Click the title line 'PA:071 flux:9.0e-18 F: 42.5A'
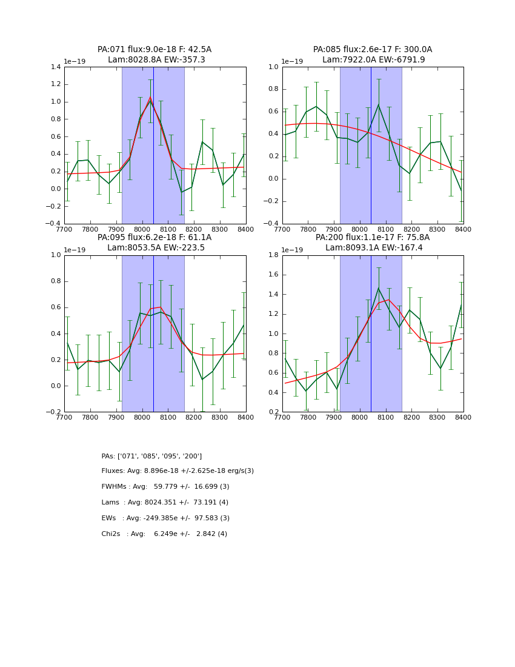coord(154,50)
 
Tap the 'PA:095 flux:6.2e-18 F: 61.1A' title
coord(154,238)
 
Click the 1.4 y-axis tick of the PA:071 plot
coord(55,67)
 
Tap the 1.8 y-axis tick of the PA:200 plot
coord(273,255)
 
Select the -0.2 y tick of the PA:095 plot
coord(53,412)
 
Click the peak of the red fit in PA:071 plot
coord(150,97)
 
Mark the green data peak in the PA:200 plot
coord(379,288)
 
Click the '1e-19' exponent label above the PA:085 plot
coord(293,61)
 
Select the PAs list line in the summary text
coord(151,456)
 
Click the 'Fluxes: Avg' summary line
coord(178,471)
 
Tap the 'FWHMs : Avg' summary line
coord(165,487)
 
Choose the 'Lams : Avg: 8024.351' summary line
coord(165,503)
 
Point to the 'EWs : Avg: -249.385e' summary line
coord(165,518)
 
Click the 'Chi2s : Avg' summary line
coord(164,534)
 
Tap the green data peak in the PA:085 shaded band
coord(379,104)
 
